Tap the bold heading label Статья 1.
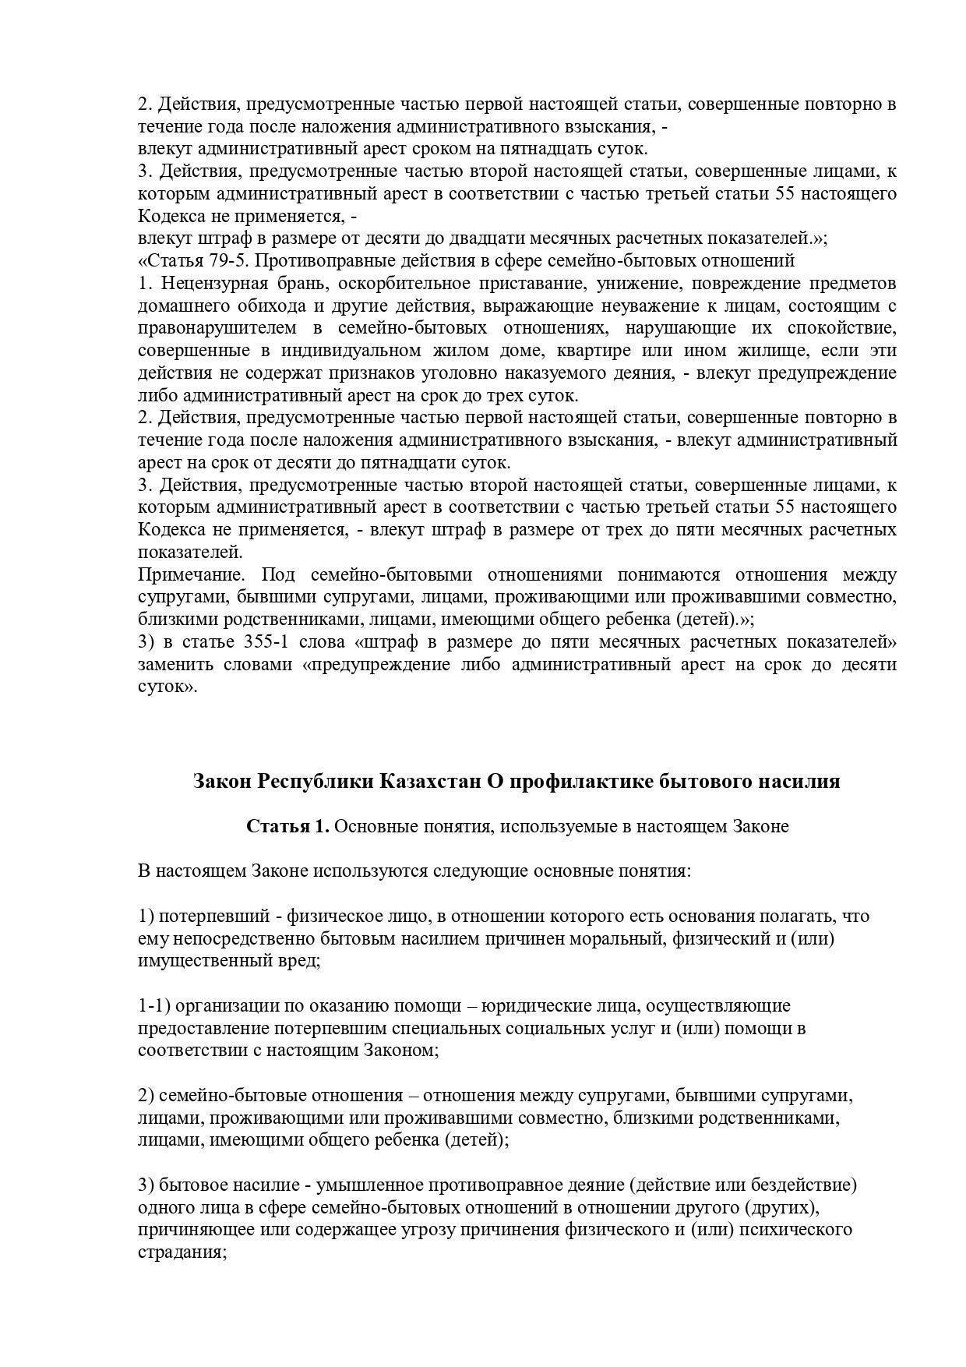click(x=287, y=826)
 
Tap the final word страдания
click(x=179, y=1253)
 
